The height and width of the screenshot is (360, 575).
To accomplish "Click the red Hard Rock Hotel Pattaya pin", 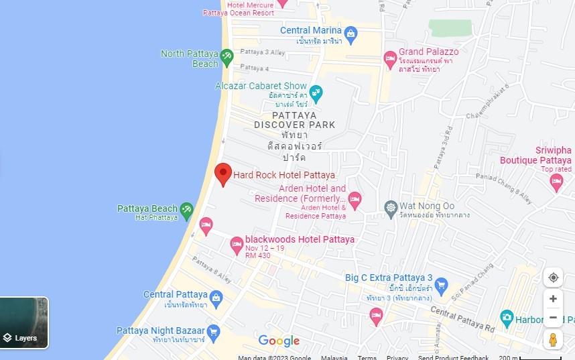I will (x=223, y=173).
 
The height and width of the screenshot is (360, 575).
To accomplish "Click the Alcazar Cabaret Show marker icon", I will (x=316, y=91).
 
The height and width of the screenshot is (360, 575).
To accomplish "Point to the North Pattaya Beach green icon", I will (x=227, y=57).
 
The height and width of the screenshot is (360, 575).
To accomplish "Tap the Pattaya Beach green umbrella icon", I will (x=186, y=211).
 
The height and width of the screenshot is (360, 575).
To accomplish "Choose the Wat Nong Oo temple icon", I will (x=391, y=207).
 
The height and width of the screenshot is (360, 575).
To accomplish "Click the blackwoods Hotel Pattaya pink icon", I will (x=237, y=245).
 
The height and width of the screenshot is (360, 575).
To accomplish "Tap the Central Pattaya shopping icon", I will (x=216, y=297).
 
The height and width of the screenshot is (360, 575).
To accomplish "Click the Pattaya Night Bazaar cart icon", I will (x=213, y=331).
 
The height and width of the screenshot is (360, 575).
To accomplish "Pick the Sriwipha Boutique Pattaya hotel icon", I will (x=556, y=182).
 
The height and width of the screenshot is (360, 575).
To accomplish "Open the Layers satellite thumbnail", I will (x=24, y=323).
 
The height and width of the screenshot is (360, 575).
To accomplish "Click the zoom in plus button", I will (x=553, y=299).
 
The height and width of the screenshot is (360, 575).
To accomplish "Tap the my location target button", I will (x=553, y=278).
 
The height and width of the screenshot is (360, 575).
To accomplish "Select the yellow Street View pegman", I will (x=553, y=340).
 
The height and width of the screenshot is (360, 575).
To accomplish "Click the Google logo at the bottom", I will (x=279, y=341).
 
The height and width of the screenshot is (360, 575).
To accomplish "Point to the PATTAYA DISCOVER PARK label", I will (x=294, y=120).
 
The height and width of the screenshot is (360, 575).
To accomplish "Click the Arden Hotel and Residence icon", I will (x=355, y=198).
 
